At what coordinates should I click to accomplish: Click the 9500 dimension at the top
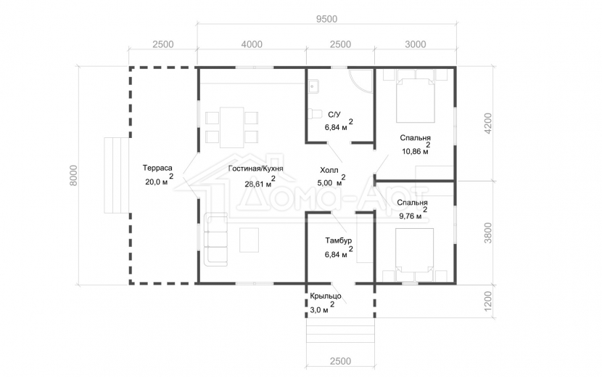point(326,19)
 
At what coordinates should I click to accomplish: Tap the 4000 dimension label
point(252,44)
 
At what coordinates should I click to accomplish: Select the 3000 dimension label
point(416,44)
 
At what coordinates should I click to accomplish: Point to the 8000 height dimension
point(73,175)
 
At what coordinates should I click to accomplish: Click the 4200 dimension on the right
point(488,123)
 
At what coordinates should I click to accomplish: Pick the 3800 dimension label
point(488,232)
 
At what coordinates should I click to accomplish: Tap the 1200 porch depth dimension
point(488,301)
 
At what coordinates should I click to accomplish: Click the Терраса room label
point(157,168)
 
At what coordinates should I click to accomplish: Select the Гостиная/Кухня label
point(256,169)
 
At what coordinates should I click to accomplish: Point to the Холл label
point(329,170)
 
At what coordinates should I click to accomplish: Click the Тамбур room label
point(338,241)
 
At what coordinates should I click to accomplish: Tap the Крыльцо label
point(326,296)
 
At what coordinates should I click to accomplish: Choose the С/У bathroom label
point(334,115)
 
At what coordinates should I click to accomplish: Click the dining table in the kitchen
point(232,127)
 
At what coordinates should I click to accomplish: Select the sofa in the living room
point(215,240)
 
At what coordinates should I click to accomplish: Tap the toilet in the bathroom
point(315,114)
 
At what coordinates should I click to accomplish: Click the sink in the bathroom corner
point(313,87)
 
